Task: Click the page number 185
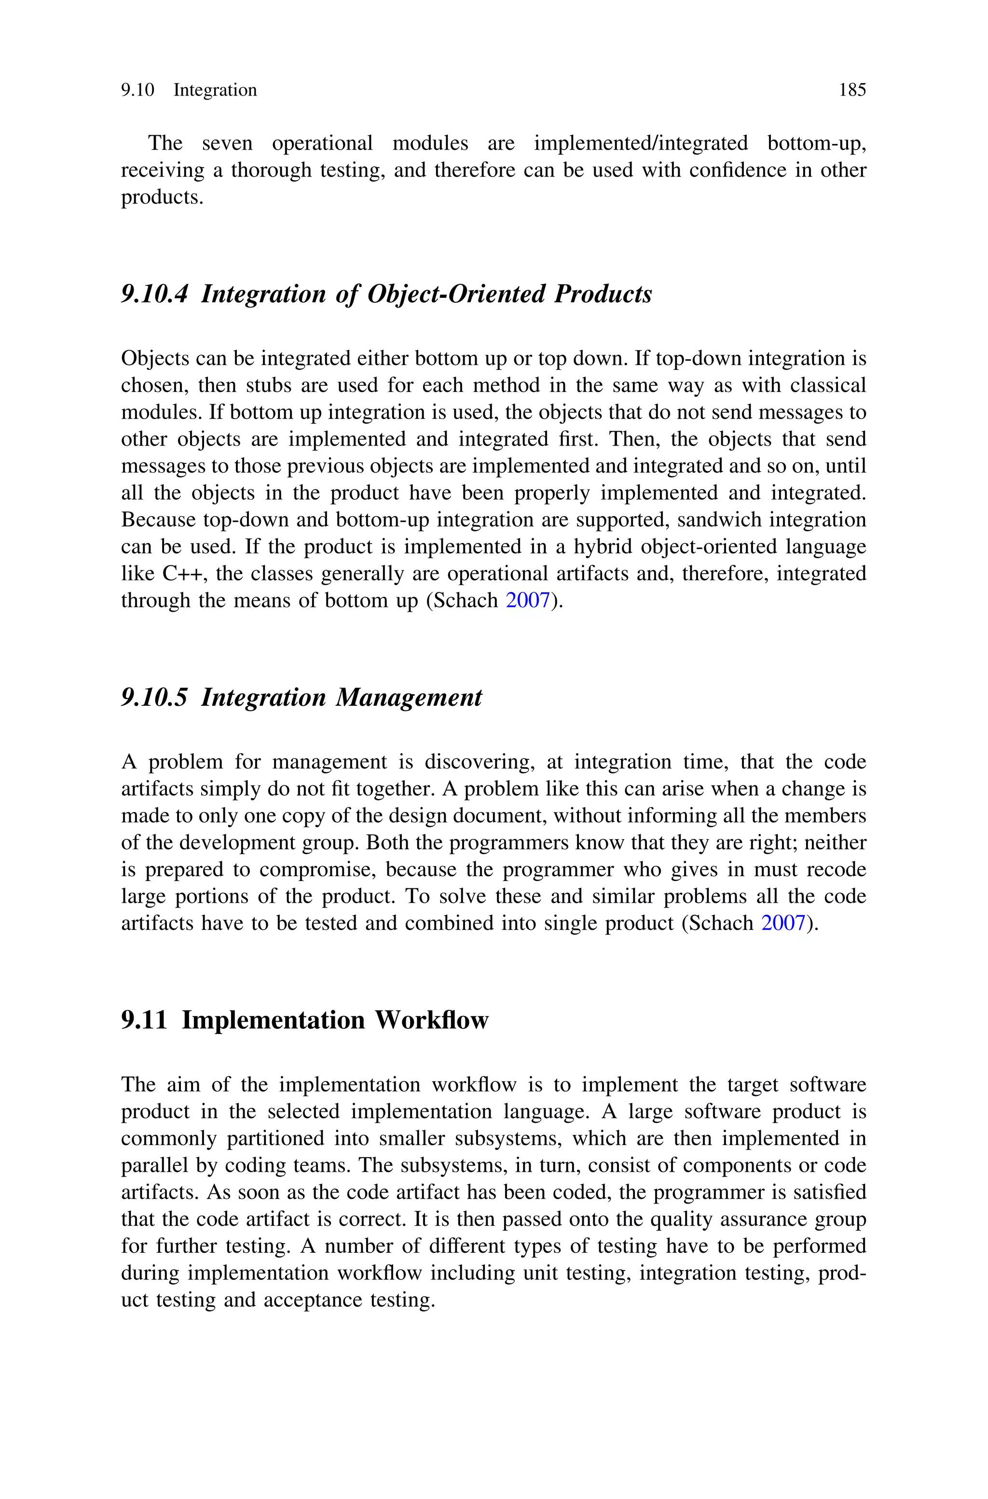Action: [x=852, y=90]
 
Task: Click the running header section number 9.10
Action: [x=137, y=90]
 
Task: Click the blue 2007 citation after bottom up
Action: [x=528, y=601]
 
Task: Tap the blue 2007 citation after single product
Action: [x=783, y=924]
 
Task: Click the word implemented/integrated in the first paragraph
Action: [x=641, y=144]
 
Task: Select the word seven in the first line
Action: [x=227, y=144]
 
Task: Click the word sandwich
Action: [x=719, y=520]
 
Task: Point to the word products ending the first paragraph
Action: [x=161, y=198]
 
